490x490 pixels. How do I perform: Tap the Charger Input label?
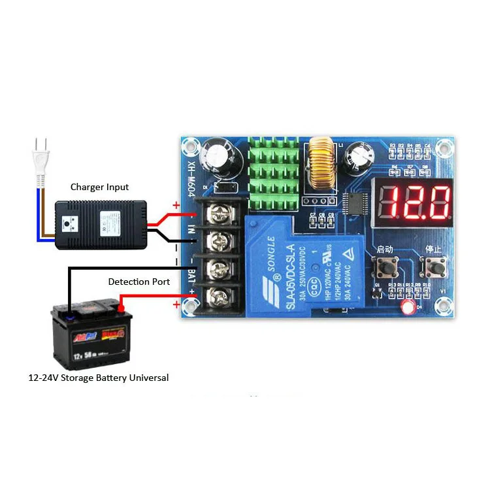[99, 187]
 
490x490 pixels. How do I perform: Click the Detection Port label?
[139, 282]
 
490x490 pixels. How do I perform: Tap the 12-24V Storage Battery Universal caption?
[98, 378]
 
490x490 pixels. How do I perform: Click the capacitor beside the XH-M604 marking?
[215, 157]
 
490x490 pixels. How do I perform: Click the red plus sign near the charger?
[176, 206]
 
